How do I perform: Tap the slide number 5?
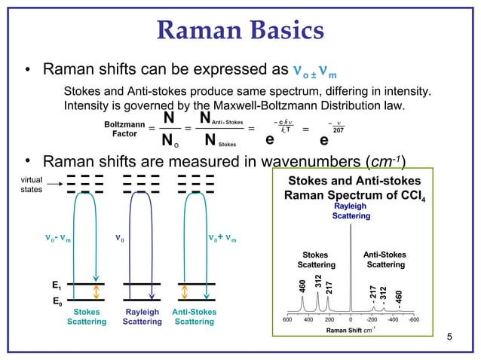[x=450, y=336]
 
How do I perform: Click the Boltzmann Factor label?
[x=119, y=128]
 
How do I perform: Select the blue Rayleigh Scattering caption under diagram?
[x=142, y=316]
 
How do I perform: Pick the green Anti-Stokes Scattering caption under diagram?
[x=195, y=316]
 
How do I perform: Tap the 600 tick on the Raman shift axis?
[x=287, y=319]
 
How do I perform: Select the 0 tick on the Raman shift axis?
[x=351, y=319]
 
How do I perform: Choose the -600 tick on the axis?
[x=413, y=319]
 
